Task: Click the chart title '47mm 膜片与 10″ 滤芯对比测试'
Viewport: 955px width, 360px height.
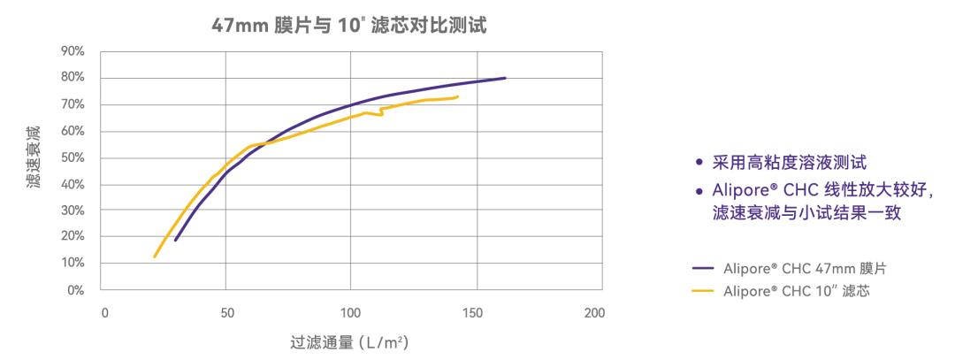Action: pyautogui.click(x=348, y=26)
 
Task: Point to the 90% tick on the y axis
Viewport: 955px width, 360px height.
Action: pyautogui.click(x=73, y=51)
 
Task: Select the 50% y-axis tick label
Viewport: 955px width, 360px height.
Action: pyautogui.click(x=73, y=157)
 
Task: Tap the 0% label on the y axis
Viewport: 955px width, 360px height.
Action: pyautogui.click(x=75, y=290)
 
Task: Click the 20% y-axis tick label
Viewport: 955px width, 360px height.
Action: pyautogui.click(x=73, y=237)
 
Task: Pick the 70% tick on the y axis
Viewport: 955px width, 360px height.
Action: pyautogui.click(x=73, y=104)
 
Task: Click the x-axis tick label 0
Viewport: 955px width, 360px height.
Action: pyautogui.click(x=103, y=312)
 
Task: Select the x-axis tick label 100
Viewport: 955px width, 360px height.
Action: pyautogui.click(x=350, y=312)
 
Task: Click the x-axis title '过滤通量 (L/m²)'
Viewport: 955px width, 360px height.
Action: pyautogui.click(x=348, y=341)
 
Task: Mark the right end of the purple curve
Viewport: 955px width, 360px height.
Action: pyautogui.click(x=506, y=78)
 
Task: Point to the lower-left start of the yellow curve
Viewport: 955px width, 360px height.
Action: pyautogui.click(x=154, y=257)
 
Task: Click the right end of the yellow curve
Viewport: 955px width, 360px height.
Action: pyautogui.click(x=458, y=96)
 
